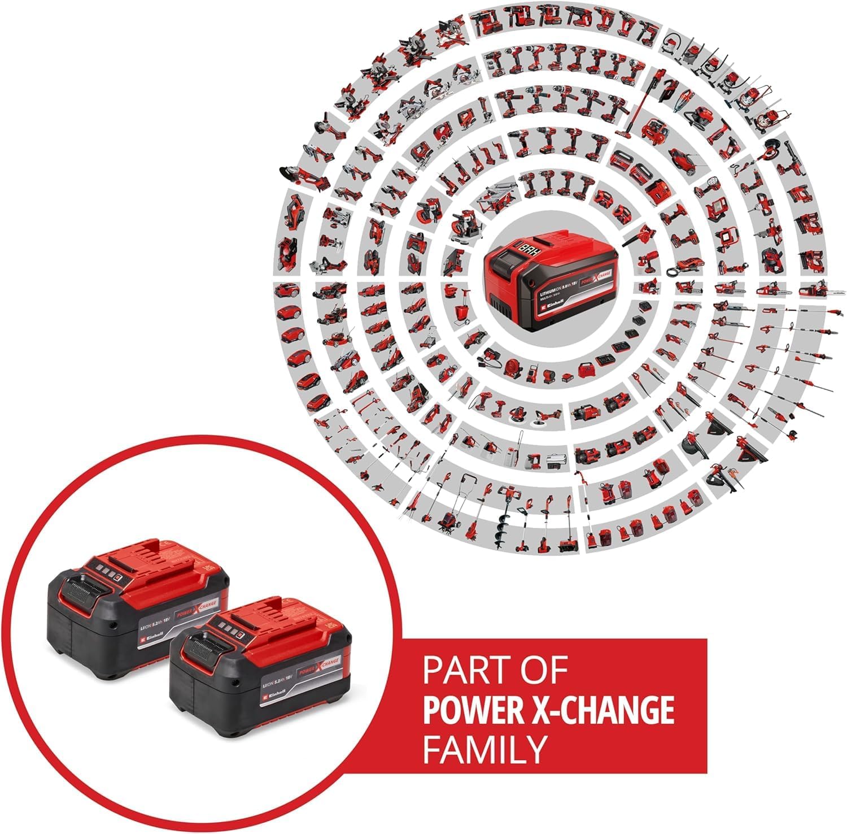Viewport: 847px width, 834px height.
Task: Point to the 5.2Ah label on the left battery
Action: (148, 625)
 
